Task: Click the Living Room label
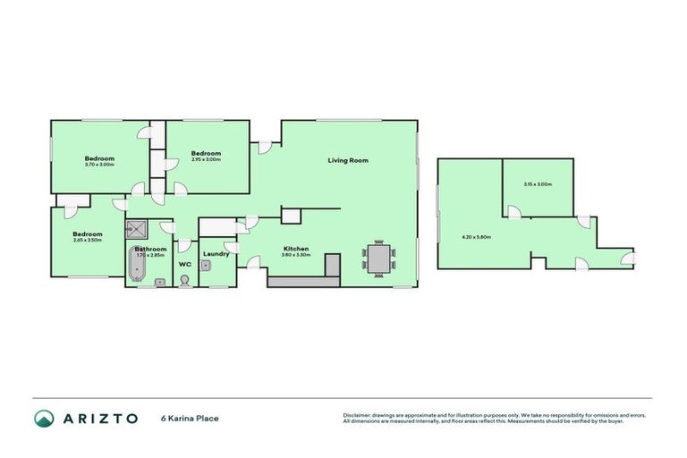pos(348,160)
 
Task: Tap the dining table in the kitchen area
pos(378,259)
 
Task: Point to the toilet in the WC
pos(185,281)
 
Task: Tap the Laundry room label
pos(216,254)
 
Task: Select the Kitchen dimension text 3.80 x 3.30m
pos(296,255)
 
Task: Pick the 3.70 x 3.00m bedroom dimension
pos(99,165)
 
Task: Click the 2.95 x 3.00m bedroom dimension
pos(206,159)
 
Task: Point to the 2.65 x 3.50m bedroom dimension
pos(87,240)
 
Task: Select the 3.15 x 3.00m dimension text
pos(538,184)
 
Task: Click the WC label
pos(185,265)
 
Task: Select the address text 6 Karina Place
pos(190,419)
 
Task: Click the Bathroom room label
pos(150,249)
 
